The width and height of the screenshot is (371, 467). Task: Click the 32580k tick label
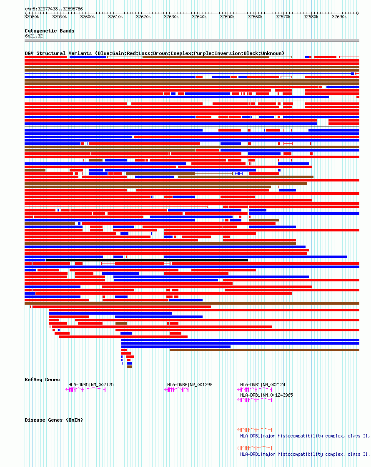pos(32,17)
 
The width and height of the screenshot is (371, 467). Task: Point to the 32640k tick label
pos(199,17)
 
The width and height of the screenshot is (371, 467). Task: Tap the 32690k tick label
pos(339,17)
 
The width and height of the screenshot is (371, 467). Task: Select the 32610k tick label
pos(115,17)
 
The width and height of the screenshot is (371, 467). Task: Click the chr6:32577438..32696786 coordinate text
pos(54,9)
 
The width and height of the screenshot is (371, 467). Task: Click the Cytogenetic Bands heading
pos(49,31)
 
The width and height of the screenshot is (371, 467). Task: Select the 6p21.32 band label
pos(34,36)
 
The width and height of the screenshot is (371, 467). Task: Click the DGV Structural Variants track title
pos(154,53)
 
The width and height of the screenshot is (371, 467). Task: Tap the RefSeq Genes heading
pos(42,380)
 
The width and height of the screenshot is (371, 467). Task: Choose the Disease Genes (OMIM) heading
pos(54,420)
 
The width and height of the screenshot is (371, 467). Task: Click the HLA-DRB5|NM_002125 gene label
pos(91,385)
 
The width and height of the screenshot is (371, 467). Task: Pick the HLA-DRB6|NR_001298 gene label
pos(190,385)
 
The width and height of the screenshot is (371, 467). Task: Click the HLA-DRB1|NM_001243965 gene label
pos(266,395)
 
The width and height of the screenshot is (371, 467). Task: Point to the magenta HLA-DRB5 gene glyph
pos(86,390)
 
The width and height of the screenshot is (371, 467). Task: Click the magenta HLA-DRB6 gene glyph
pos(177,390)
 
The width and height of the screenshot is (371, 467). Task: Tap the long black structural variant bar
pos(147,260)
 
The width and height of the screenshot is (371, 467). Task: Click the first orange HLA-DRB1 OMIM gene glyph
pos(255,430)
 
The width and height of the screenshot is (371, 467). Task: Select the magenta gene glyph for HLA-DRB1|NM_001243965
pos(255,400)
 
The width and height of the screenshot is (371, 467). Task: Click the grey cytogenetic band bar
pos(192,40)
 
